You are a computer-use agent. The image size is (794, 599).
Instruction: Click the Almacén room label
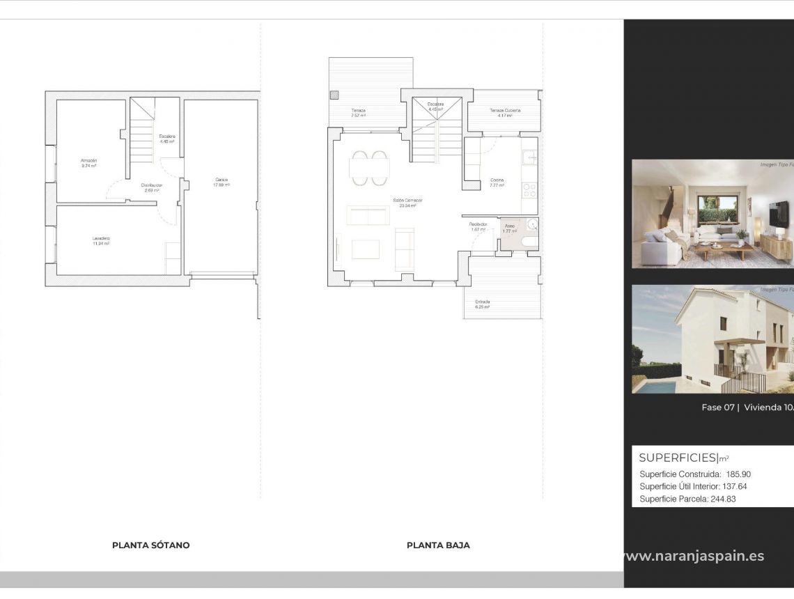pos(88,161)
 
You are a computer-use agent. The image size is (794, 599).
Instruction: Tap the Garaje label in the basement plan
pos(221,180)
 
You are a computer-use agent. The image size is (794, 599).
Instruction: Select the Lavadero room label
pos(101,239)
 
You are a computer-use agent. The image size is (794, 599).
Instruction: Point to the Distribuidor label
pos(151,185)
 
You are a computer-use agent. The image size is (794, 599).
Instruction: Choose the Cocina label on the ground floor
pos(497,181)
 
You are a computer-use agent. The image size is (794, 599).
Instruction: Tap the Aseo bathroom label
pos(510,226)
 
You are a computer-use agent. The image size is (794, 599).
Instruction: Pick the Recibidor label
pos(478,224)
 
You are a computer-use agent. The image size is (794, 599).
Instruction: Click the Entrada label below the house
pos(483,302)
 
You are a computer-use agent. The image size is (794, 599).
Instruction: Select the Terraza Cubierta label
pos(504,111)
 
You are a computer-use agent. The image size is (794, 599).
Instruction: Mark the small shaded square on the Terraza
pos(335,95)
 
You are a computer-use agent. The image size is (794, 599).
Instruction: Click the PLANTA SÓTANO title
pos(150,545)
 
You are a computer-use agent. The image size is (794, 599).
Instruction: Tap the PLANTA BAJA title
pos(438,545)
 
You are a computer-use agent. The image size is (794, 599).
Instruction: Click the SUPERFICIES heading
pos(678,458)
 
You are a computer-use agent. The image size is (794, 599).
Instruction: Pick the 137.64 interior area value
pos(733,487)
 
